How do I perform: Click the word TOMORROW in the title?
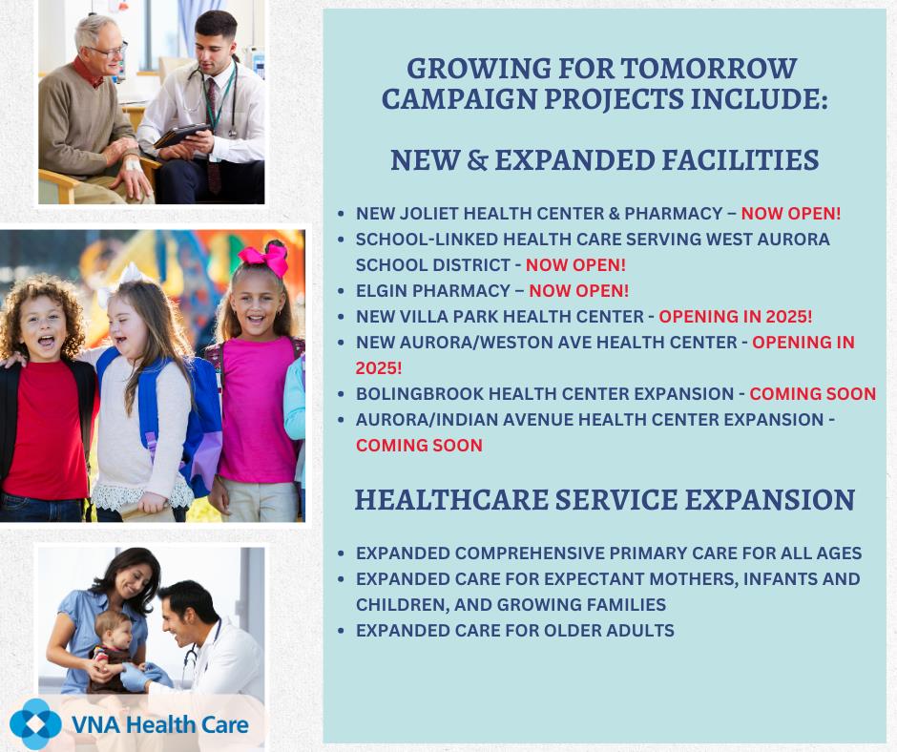click(708, 69)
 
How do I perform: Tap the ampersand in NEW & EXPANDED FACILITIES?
click(477, 160)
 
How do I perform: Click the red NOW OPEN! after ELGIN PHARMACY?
click(578, 291)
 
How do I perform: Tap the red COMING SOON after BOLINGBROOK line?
click(812, 394)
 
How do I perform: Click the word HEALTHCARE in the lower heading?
click(451, 500)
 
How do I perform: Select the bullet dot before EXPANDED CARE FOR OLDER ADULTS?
click(341, 631)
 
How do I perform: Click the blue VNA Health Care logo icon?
click(35, 724)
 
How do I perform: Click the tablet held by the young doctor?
click(181, 136)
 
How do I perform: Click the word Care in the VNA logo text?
click(225, 725)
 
